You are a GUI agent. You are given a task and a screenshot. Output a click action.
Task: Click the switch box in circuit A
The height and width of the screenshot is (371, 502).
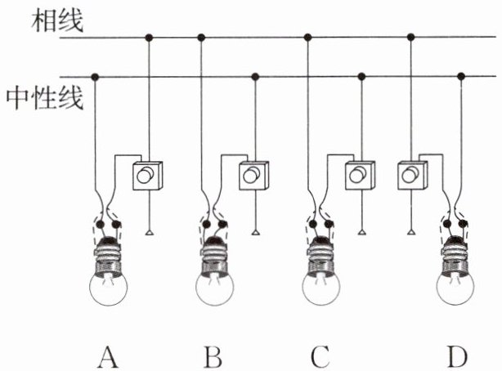pos(149,176)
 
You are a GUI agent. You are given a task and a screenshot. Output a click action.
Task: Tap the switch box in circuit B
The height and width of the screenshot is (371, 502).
pos(255,176)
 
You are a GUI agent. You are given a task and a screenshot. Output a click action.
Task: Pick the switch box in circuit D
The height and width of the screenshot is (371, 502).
pos(410,175)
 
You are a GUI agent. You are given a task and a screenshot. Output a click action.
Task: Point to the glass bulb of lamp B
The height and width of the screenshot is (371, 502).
pos(215,287)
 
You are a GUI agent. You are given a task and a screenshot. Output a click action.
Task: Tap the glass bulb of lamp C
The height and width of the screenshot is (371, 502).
pos(321,287)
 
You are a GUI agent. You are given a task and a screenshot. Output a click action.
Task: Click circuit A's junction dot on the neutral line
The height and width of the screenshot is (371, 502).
pos(96,77)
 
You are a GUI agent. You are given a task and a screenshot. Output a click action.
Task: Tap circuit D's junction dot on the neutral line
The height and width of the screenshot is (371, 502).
pos(462,77)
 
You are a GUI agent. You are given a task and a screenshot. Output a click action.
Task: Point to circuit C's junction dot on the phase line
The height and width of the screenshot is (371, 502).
pos(307,38)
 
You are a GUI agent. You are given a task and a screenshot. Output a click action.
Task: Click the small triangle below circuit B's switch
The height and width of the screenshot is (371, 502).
pos(255,235)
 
